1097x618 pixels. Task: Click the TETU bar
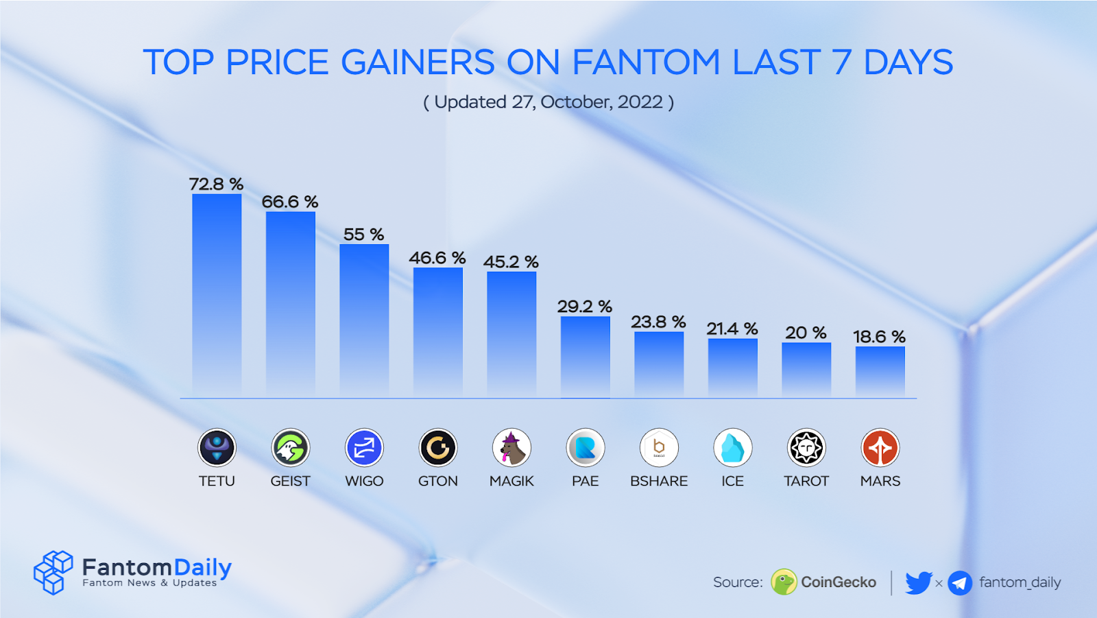tap(217, 295)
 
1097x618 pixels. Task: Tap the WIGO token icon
tap(364, 448)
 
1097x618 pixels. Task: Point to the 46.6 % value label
tap(437, 258)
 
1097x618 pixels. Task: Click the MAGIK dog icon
tap(511, 448)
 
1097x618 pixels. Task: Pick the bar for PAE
tap(586, 357)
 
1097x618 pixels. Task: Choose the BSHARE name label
tap(659, 481)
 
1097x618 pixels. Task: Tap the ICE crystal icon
tap(733, 448)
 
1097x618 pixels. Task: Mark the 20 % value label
tap(806, 333)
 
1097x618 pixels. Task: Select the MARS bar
tap(880, 372)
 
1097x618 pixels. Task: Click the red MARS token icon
tap(880, 448)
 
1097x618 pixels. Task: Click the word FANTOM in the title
tap(646, 62)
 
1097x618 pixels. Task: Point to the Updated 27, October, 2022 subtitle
tap(548, 102)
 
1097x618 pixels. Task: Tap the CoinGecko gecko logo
tap(784, 582)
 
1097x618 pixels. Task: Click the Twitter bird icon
tap(918, 582)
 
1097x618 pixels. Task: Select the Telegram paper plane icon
tap(960, 583)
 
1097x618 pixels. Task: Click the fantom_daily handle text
tap(1020, 582)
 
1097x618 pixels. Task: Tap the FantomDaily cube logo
tap(53, 572)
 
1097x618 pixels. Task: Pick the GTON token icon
tap(438, 448)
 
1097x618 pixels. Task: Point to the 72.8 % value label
tap(217, 184)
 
